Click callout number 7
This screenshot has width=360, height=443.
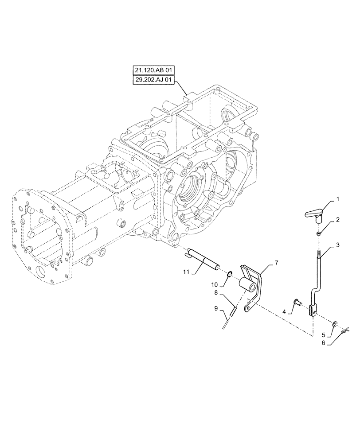[276, 263]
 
